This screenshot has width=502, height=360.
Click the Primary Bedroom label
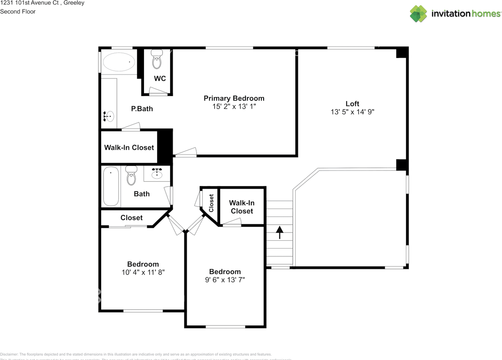tap(234, 98)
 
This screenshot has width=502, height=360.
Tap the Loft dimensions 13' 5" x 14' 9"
tap(352, 112)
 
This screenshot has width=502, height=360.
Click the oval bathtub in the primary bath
tap(118, 62)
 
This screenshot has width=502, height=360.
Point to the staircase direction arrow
tap(280, 232)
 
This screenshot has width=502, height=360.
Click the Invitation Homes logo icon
tap(418, 13)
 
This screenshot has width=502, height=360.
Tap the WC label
tap(160, 78)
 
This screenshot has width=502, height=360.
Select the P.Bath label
tap(142, 109)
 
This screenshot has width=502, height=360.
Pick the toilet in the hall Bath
tap(131, 176)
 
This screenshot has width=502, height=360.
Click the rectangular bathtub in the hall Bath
tap(111, 186)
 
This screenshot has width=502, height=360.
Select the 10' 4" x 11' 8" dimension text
tap(143, 272)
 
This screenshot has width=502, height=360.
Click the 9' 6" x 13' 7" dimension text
tap(225, 280)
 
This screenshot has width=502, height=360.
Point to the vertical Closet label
tap(211, 203)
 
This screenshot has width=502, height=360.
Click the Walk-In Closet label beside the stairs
tap(242, 207)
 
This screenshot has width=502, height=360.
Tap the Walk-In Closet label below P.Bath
tap(129, 147)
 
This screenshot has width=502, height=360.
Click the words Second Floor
tap(18, 11)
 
